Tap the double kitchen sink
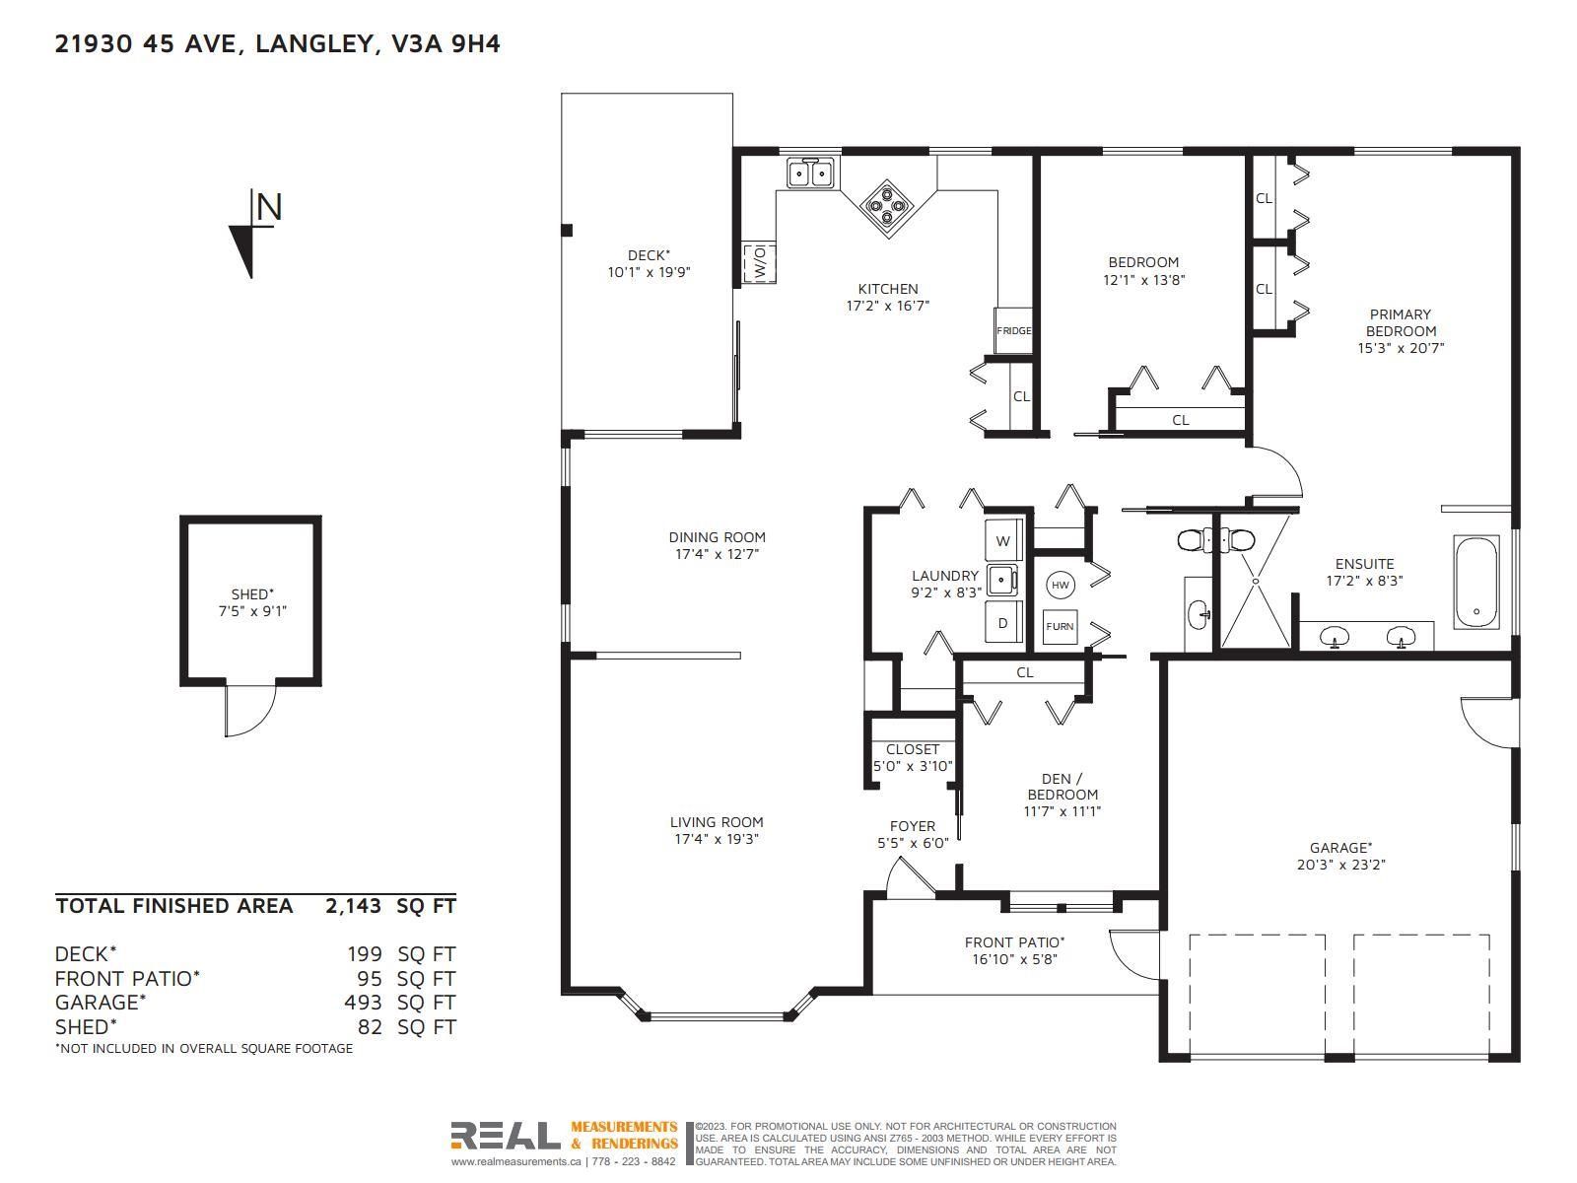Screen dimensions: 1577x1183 (x=810, y=174)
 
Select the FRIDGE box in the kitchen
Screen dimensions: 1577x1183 (x=1014, y=330)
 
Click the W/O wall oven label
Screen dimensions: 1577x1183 (x=759, y=261)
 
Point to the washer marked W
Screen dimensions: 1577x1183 (x=1003, y=541)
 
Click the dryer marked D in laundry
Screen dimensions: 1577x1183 (x=1003, y=623)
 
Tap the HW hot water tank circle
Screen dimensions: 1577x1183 (x=1061, y=585)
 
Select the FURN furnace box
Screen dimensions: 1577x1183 (x=1060, y=626)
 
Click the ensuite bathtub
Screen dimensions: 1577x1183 (x=1475, y=582)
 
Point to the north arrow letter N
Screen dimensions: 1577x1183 (x=269, y=207)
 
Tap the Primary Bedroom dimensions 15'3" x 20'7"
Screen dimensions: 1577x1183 (x=1401, y=348)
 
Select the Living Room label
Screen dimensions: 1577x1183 (x=717, y=822)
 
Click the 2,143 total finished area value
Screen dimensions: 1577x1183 (x=353, y=906)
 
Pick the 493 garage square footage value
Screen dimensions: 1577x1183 (x=363, y=1002)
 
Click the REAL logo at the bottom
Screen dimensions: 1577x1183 (x=505, y=1135)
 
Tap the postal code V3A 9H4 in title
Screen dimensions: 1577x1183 (x=446, y=43)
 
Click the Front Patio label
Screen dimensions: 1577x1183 (x=1014, y=941)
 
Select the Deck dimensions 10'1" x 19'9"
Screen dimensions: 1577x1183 (x=649, y=272)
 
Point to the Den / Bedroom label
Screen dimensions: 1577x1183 (x=1062, y=787)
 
